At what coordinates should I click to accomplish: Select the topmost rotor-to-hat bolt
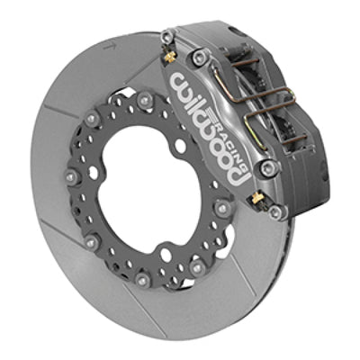pyautogui.click(x=144, y=94)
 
